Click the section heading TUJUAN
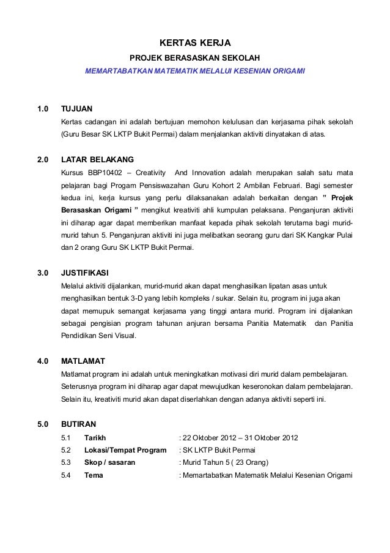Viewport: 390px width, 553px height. [x=76, y=109]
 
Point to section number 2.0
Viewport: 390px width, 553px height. [x=43, y=159]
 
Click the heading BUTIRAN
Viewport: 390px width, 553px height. [x=79, y=424]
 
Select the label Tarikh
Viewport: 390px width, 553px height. [x=95, y=438]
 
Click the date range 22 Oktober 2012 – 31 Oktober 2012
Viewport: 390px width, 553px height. [x=240, y=438]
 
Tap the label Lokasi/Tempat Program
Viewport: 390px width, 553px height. [x=125, y=451]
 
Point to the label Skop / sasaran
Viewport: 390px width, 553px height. [x=110, y=464]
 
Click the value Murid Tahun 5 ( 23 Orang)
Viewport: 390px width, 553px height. [x=225, y=464]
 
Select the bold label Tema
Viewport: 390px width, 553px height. [x=94, y=476]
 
